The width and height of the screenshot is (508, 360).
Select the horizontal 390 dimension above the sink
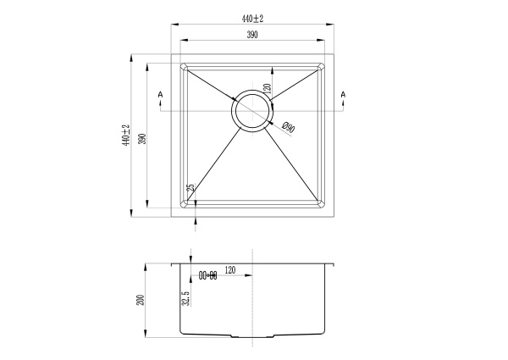pos(252,35)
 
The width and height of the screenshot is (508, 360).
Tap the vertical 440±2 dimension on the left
pos(125,135)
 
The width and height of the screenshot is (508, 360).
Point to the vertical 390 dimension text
pos(143,137)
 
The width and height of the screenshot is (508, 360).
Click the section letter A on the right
pos(343,94)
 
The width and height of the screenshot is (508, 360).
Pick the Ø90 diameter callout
pos(287,128)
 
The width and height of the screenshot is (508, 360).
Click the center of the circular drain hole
pos(252,111)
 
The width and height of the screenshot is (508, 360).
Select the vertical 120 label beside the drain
pos(266,86)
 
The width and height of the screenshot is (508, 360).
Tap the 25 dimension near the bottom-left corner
pos(190,188)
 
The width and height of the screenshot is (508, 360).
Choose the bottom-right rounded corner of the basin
pos(321,203)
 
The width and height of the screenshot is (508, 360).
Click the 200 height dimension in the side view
pos(141,299)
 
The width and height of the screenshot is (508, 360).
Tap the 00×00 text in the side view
pos(207,275)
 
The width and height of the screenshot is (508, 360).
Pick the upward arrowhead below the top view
pos(196,220)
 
